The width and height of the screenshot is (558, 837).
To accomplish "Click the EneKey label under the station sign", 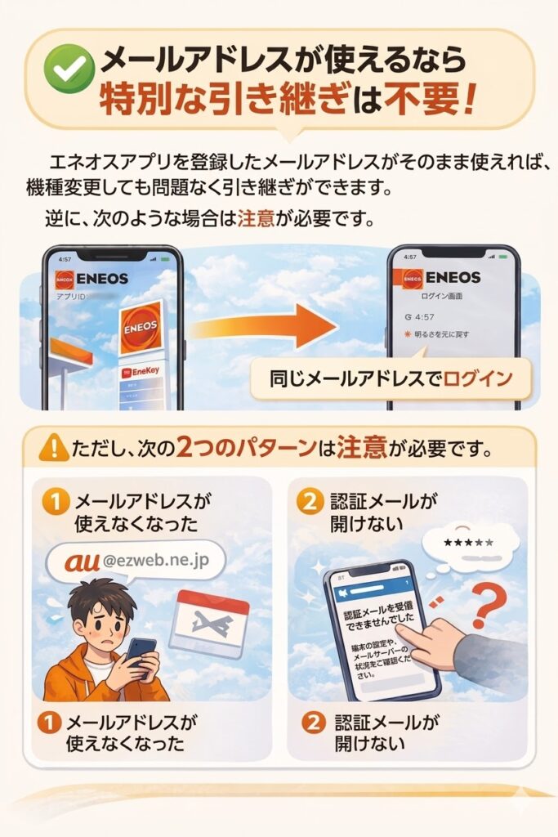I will tap(142, 372).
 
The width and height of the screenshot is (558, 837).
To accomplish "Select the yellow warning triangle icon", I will tap(54, 447).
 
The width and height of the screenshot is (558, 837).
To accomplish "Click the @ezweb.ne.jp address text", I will tap(158, 561).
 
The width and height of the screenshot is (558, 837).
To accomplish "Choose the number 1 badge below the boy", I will tap(48, 722).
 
